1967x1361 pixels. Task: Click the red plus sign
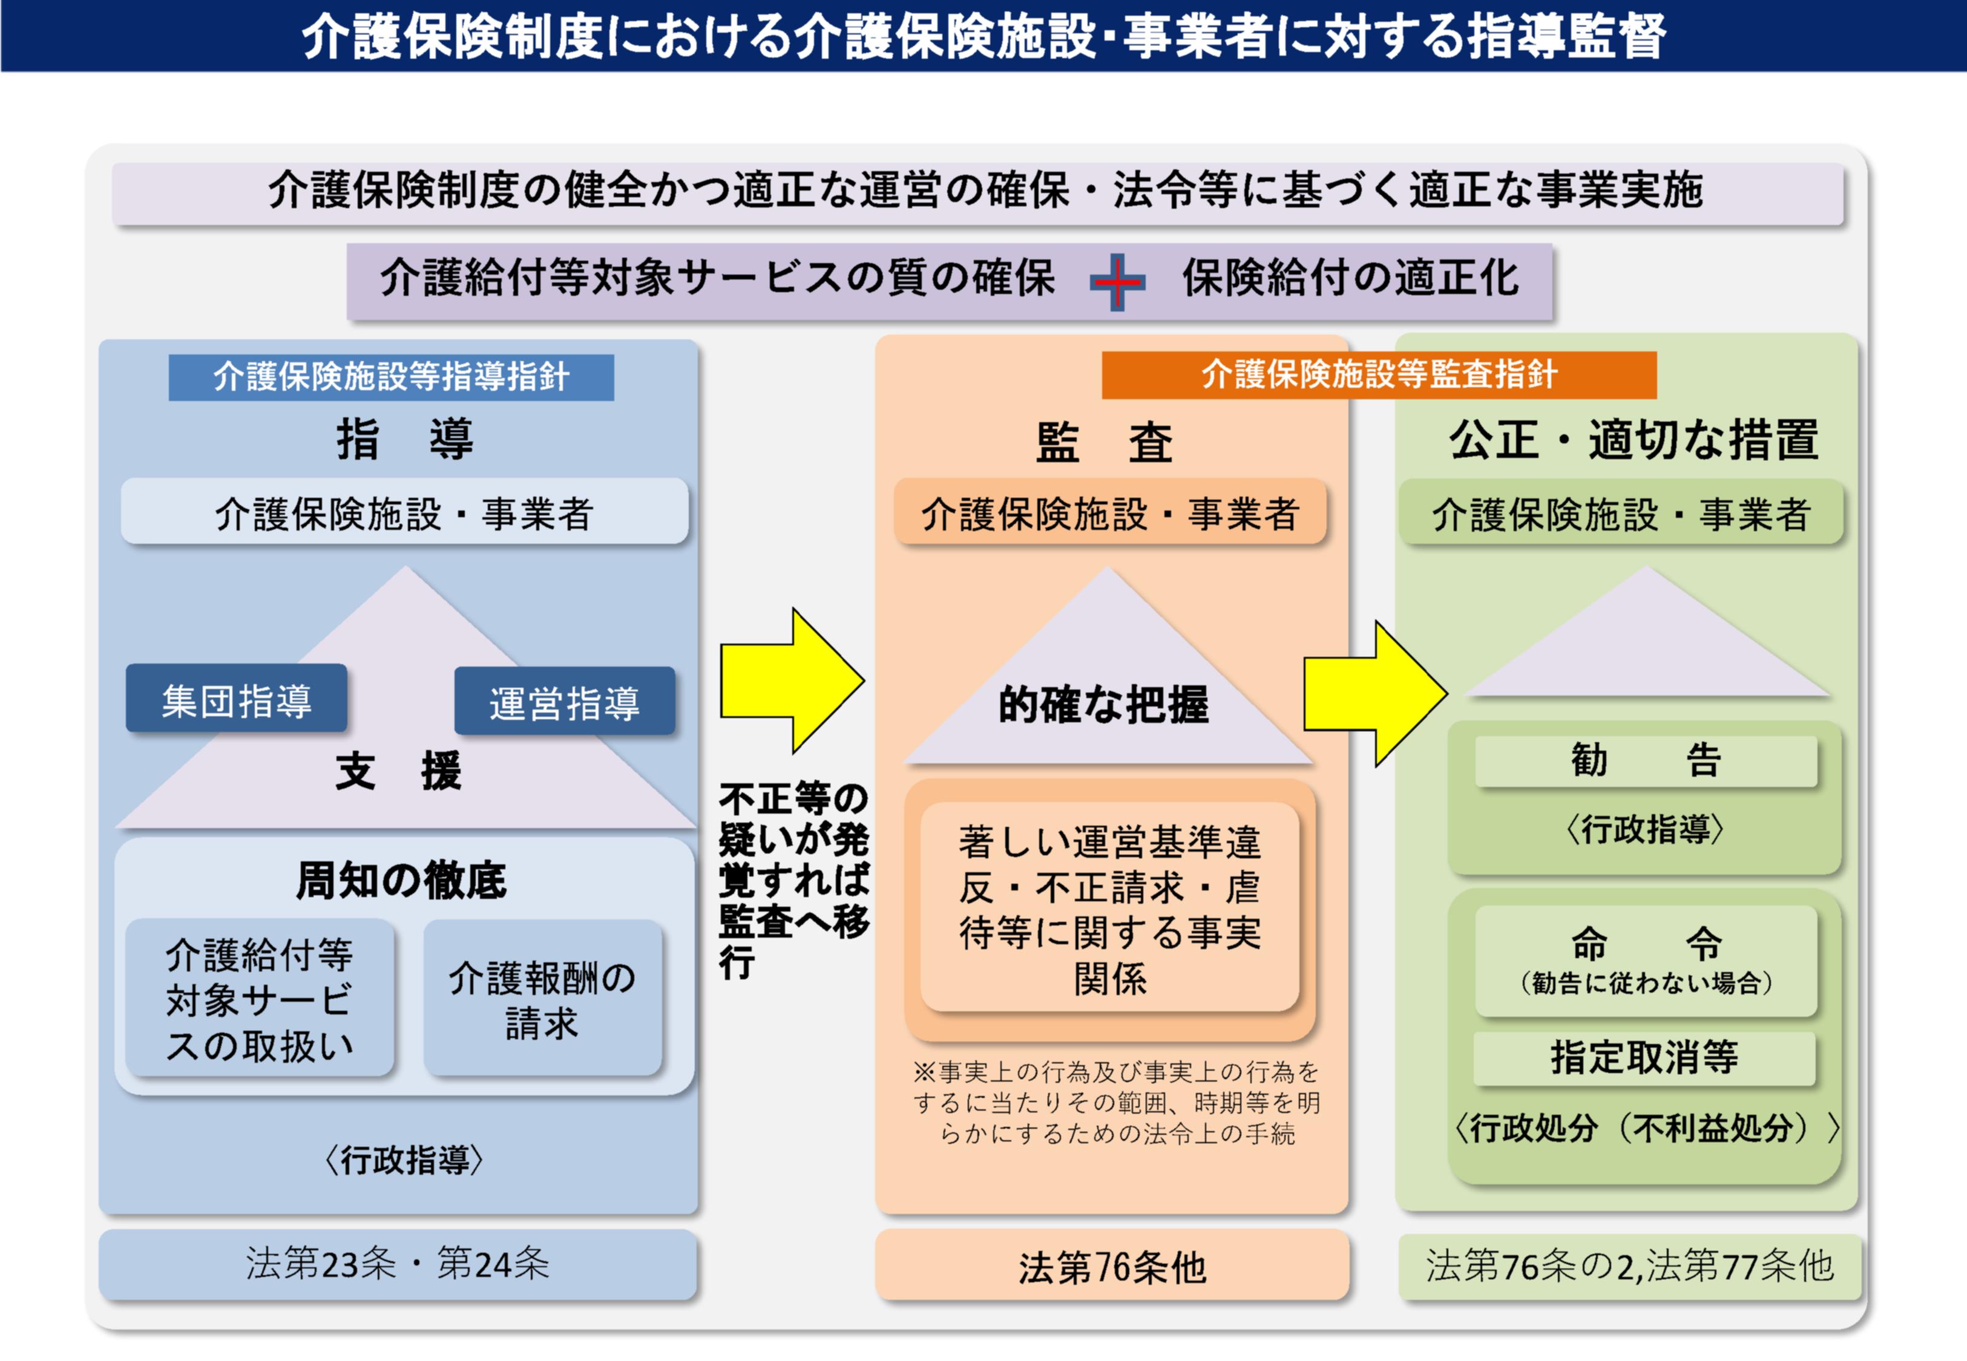[x=1117, y=281]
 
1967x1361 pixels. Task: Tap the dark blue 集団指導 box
[x=236, y=699]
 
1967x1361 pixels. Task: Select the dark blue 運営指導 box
[x=564, y=702]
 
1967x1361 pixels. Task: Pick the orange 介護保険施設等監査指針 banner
[x=1379, y=375]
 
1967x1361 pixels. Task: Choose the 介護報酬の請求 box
[x=542, y=997]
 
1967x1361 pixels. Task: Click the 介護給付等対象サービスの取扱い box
[x=259, y=997]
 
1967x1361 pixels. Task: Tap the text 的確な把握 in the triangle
[x=1104, y=704]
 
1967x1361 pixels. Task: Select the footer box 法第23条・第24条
[x=398, y=1264]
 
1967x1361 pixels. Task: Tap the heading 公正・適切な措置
[x=1634, y=440]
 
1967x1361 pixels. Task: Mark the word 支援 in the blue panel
[x=398, y=771]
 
